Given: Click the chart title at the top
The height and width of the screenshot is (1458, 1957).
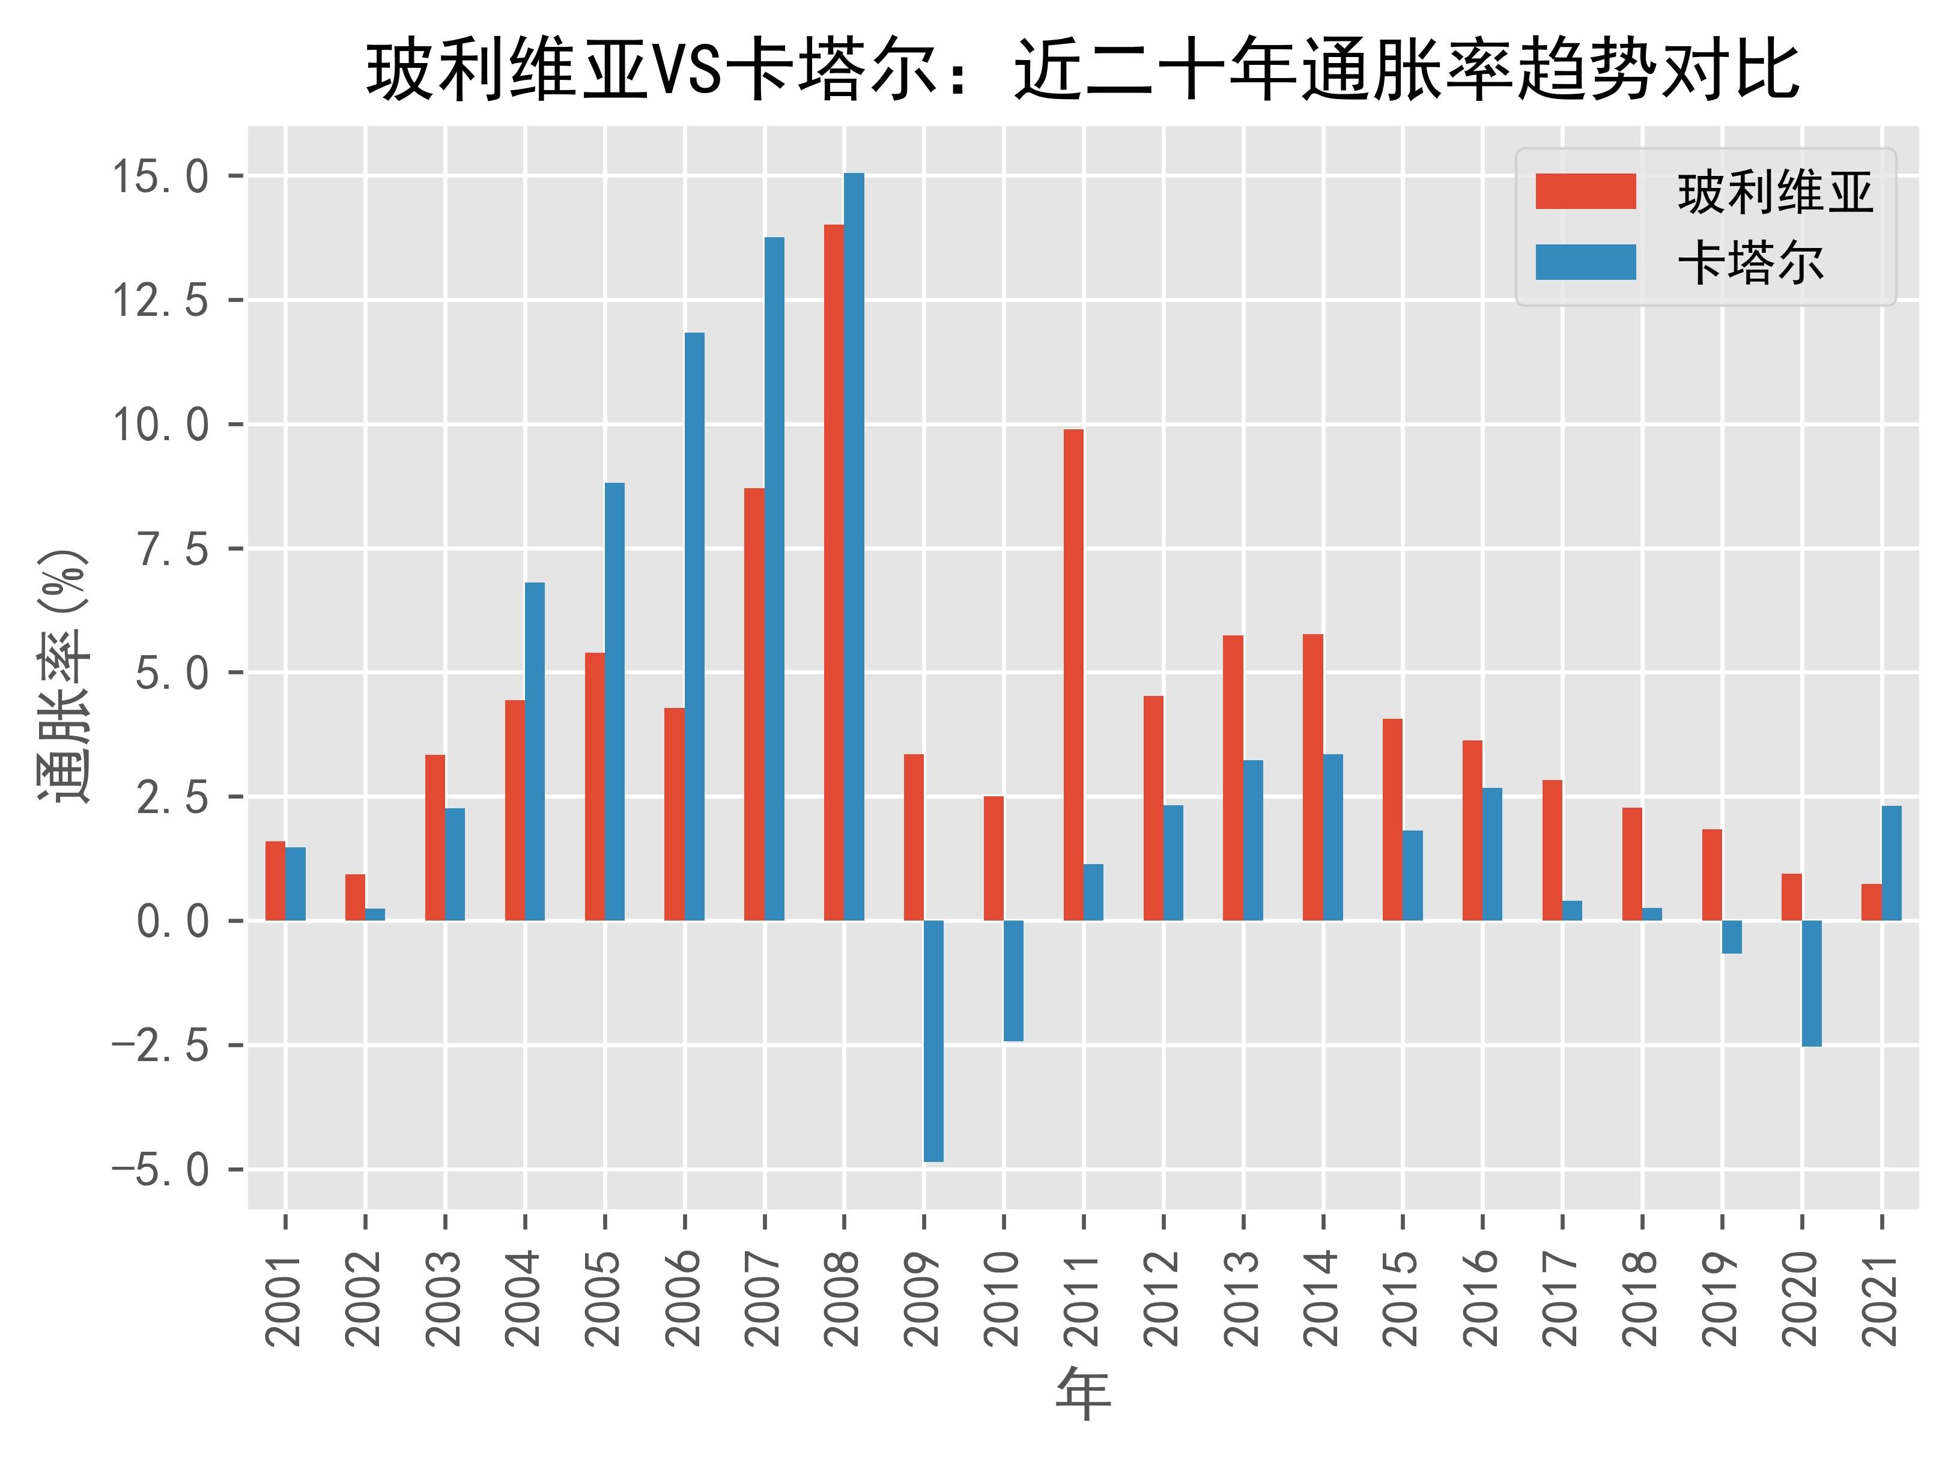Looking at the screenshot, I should (1082, 71).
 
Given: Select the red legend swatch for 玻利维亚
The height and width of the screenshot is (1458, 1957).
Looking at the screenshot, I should (1585, 192).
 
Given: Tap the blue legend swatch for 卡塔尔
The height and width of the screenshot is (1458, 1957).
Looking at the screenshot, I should (1585, 262).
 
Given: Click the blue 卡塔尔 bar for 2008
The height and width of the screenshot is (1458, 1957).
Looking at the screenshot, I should (854, 546).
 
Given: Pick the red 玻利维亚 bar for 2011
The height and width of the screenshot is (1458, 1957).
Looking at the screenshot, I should (1073, 674).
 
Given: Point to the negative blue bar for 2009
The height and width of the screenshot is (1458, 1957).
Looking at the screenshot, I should (934, 1041).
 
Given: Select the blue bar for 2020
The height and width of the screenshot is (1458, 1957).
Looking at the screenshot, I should (1812, 983).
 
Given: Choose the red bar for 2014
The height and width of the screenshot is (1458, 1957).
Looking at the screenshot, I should (1312, 776).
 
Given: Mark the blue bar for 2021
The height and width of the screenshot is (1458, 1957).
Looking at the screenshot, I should (1892, 862).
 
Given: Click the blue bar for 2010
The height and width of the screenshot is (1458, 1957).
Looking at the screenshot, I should (1013, 981).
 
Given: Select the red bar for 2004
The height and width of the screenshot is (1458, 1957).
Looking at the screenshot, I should (515, 809).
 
